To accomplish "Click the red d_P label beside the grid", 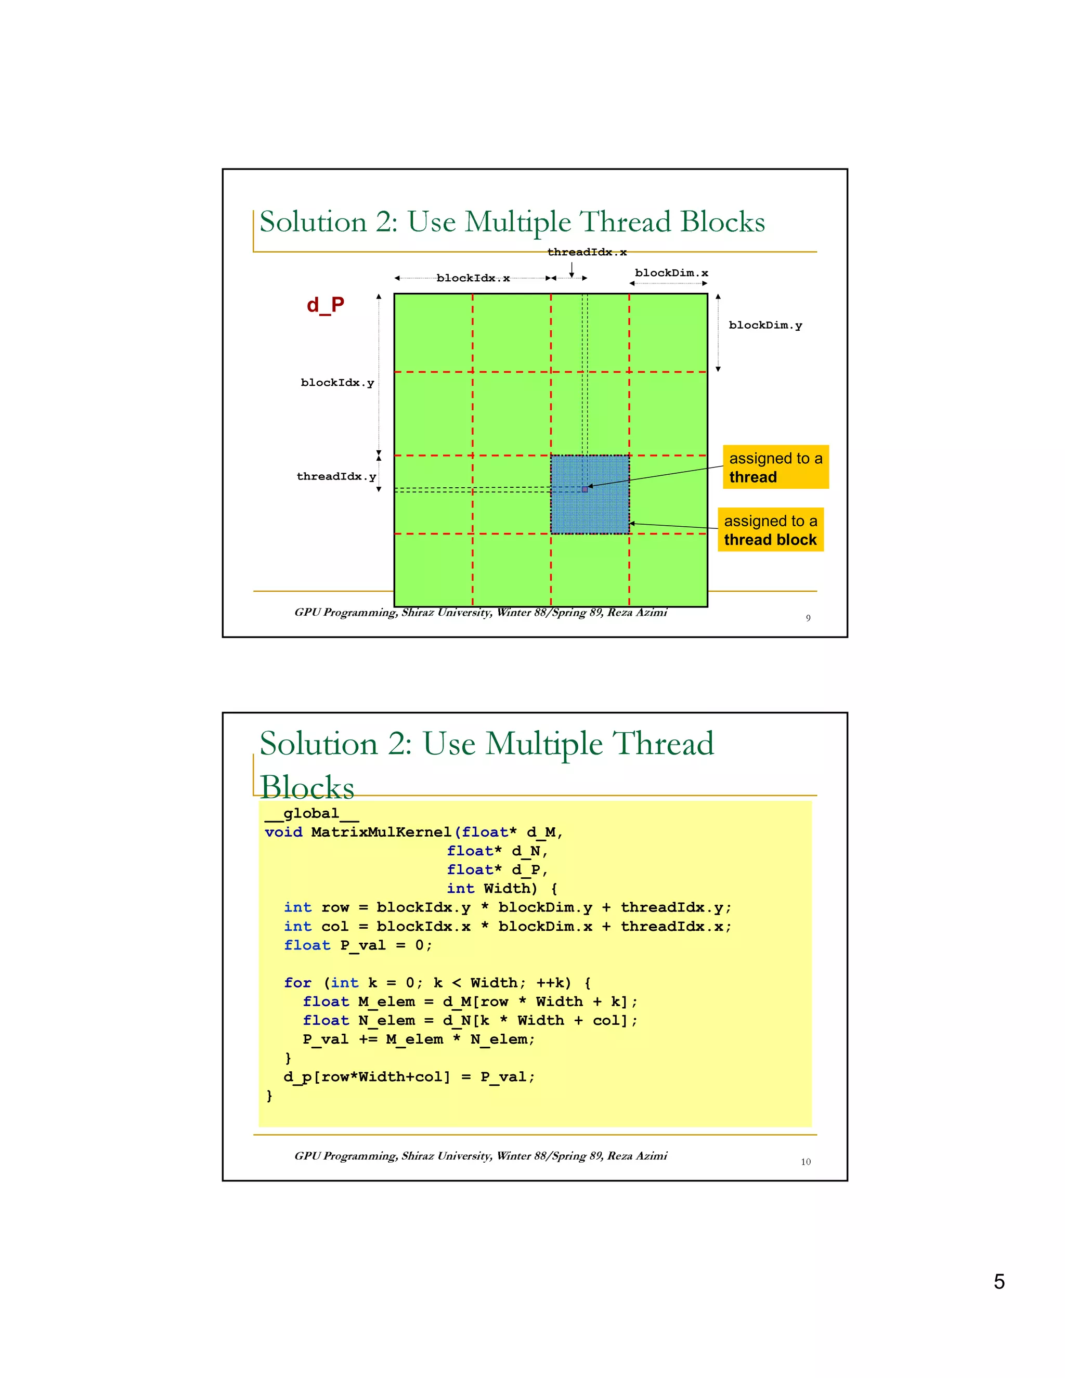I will point(325,305).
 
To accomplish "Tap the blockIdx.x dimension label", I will point(473,278).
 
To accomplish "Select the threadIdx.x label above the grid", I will point(586,252).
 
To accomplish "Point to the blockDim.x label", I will point(671,273).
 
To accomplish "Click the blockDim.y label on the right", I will point(764,326).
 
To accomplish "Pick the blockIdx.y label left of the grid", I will point(337,383).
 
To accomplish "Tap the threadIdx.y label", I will point(335,476).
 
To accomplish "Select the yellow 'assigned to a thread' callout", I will point(775,467).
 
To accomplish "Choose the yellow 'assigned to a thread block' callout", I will point(770,530).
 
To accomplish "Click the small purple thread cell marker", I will point(585,489).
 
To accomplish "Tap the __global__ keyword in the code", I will point(311,814).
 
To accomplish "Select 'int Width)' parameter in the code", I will point(492,889).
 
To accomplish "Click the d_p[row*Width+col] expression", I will point(367,1077).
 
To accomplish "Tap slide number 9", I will point(808,618).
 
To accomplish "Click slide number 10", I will point(806,1162).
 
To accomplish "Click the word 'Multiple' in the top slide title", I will point(517,222).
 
